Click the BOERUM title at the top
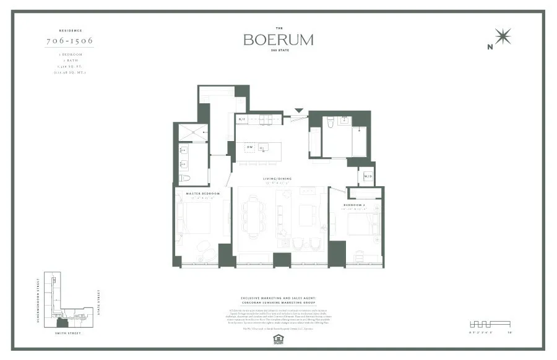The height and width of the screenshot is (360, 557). point(278,40)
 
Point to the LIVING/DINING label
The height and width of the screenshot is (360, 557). point(277,179)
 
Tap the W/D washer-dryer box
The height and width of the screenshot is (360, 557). point(368,176)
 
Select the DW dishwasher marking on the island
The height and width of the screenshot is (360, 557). point(250,147)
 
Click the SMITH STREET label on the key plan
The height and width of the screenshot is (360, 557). point(64,333)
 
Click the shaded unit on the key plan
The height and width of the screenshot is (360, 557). point(63,322)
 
